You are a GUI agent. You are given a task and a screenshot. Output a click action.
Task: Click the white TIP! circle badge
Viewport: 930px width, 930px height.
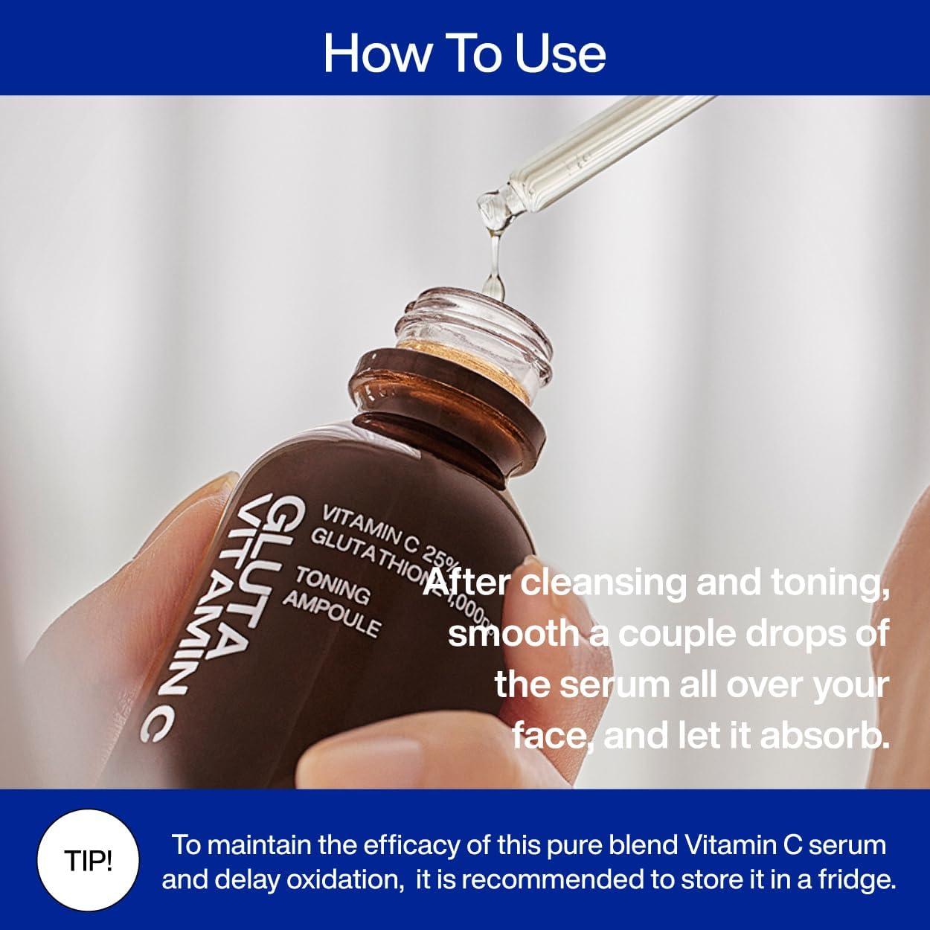89,863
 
